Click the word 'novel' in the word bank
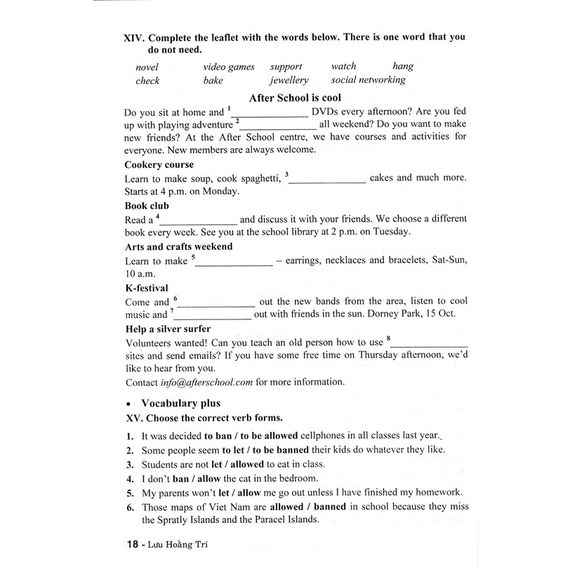tap(147, 67)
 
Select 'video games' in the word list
tap(229, 67)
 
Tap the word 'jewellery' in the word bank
tap(289, 80)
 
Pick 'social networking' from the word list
tap(369, 80)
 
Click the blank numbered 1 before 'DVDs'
tap(270, 114)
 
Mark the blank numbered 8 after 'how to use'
tap(429, 343)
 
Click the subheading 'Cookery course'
tap(159, 165)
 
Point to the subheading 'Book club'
tap(147, 206)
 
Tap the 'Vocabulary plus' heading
tap(180, 403)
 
